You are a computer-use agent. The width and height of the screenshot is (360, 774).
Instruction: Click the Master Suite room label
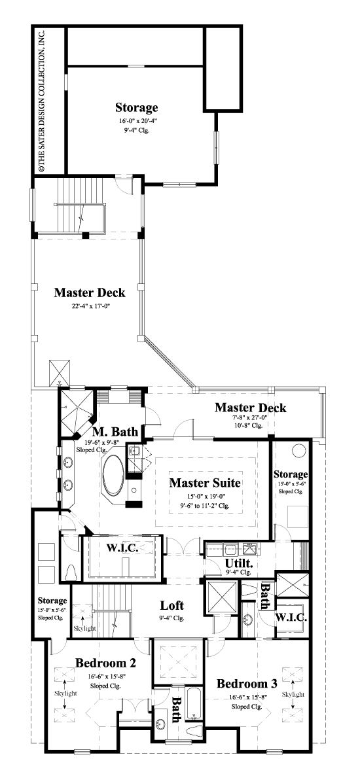click(x=205, y=483)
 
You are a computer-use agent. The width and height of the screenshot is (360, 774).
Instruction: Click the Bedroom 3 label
click(x=247, y=684)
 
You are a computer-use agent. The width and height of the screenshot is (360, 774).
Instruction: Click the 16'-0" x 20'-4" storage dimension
click(x=137, y=121)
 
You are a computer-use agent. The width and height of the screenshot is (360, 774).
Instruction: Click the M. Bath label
click(x=115, y=432)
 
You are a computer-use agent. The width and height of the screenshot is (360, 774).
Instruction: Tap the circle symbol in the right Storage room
click(x=298, y=451)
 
